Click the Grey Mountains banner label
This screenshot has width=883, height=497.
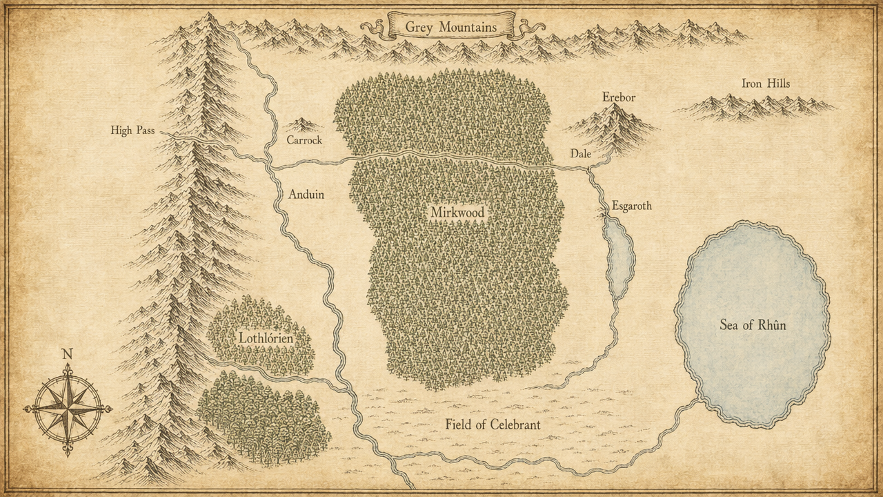click(x=450, y=27)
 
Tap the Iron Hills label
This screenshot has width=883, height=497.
click(x=766, y=84)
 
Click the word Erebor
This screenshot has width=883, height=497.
click(x=618, y=97)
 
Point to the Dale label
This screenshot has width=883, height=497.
click(x=580, y=155)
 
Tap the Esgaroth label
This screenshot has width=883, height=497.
click(x=631, y=206)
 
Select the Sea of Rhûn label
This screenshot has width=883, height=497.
click(x=753, y=324)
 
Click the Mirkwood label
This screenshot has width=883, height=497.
click(x=457, y=212)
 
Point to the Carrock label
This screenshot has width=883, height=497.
click(x=304, y=140)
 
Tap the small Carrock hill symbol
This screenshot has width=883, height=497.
click(x=302, y=125)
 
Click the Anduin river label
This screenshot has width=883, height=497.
click(x=306, y=195)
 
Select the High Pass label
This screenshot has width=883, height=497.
click(x=132, y=130)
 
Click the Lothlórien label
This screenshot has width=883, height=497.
click(x=266, y=338)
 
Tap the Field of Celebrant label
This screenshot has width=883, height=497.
click(x=493, y=425)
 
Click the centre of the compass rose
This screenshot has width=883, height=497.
click(x=68, y=409)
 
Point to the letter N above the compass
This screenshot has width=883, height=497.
click(x=67, y=354)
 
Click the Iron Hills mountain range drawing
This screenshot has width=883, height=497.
click(x=755, y=107)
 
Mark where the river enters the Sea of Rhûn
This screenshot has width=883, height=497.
click(x=698, y=400)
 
